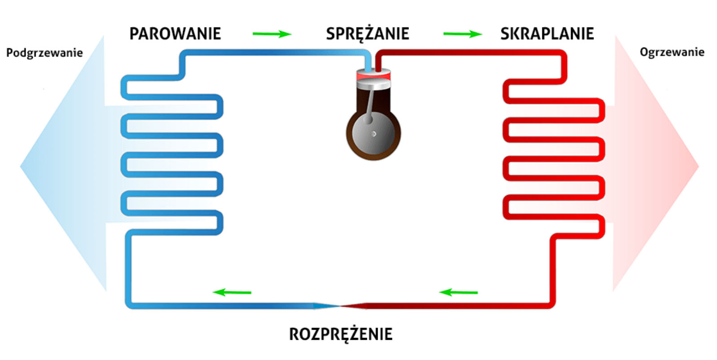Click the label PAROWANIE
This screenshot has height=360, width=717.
click(x=175, y=34)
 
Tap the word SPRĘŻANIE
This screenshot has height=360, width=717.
click(x=367, y=34)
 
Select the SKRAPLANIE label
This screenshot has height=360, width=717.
click(x=546, y=34)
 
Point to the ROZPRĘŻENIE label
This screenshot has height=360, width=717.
click(x=340, y=334)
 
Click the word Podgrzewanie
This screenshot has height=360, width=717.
click(x=44, y=53)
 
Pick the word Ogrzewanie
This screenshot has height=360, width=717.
click(x=672, y=52)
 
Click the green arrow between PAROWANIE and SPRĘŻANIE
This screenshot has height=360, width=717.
click(x=272, y=34)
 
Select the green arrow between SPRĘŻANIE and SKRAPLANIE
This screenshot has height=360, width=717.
click(x=462, y=34)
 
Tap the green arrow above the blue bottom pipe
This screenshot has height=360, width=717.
click(x=232, y=292)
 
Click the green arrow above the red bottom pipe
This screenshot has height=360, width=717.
click(x=458, y=292)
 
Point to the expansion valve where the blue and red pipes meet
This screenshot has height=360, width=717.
click(x=340, y=306)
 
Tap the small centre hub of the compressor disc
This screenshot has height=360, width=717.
click(x=374, y=134)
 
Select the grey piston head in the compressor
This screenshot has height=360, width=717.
click(x=374, y=83)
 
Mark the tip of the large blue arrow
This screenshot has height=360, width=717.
click(x=22, y=166)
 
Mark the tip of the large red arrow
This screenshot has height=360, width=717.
click(x=698, y=166)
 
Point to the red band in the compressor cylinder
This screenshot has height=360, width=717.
click(x=374, y=76)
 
